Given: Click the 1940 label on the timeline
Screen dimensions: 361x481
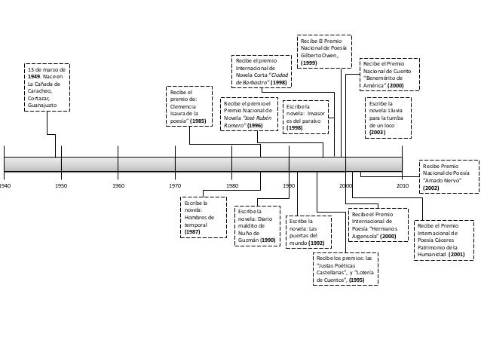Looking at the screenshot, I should click(x=5, y=184).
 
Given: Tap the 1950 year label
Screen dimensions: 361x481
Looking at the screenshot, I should click(x=61, y=184).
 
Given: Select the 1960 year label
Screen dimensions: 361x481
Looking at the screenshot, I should click(x=118, y=184).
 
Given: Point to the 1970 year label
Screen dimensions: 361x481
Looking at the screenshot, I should click(x=175, y=184).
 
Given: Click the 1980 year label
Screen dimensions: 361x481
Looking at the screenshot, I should click(x=232, y=184).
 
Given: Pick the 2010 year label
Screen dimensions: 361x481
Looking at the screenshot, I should click(x=402, y=184).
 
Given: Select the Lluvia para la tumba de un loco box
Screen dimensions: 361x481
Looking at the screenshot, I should click(x=390, y=118).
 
